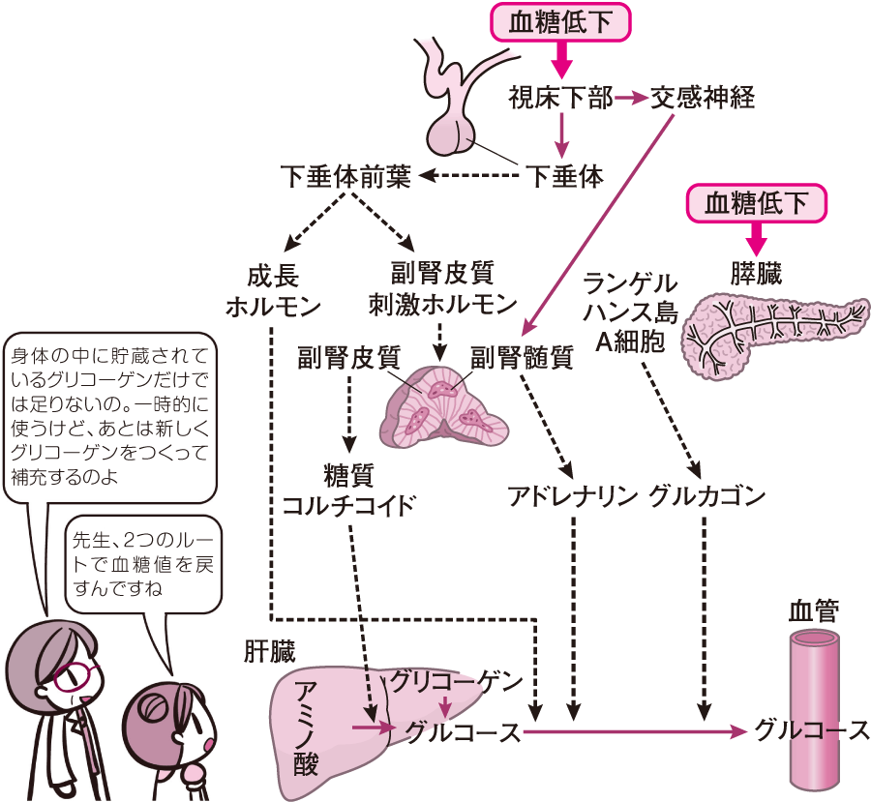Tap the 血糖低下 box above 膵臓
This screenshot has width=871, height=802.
click(x=760, y=203)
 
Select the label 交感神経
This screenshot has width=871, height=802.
click(x=703, y=98)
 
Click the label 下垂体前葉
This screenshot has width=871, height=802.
click(x=345, y=177)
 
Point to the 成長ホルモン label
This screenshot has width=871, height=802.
click(x=272, y=289)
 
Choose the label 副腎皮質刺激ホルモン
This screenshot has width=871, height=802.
click(x=441, y=289)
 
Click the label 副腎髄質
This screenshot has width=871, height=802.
click(x=522, y=358)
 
